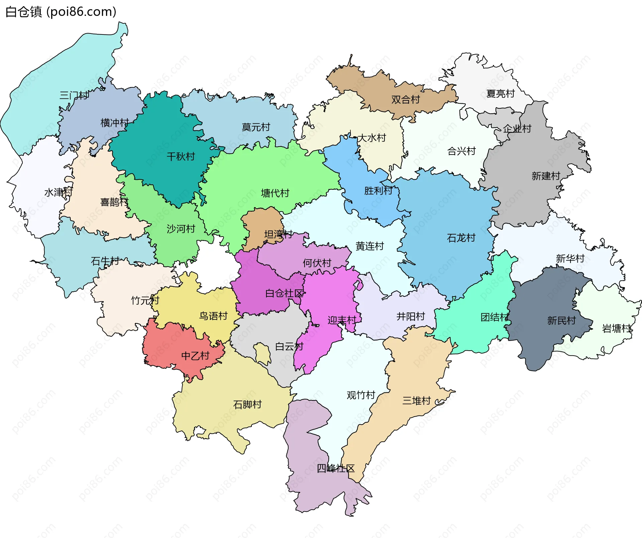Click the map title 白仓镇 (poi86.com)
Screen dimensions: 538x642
(x=61, y=12)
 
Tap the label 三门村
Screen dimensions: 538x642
(x=74, y=95)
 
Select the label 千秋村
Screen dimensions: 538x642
(x=181, y=156)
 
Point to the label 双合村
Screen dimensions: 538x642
(x=405, y=99)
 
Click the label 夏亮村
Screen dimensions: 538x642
(x=500, y=93)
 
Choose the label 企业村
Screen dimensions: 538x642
(x=517, y=128)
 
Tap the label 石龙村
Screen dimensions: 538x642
(x=461, y=238)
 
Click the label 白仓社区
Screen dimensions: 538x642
(x=284, y=293)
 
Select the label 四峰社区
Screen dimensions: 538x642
(x=335, y=468)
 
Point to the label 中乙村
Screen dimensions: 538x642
(x=195, y=355)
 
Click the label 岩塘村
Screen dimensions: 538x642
(x=616, y=328)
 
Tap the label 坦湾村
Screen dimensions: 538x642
(x=278, y=234)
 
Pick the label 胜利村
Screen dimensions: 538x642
(x=378, y=191)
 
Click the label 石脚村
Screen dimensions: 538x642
(x=247, y=405)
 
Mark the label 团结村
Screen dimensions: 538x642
(x=495, y=317)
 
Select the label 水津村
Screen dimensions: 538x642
(x=58, y=192)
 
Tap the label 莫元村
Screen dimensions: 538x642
(x=256, y=127)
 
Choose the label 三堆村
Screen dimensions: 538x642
(x=416, y=400)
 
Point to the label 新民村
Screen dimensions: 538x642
(x=561, y=321)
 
